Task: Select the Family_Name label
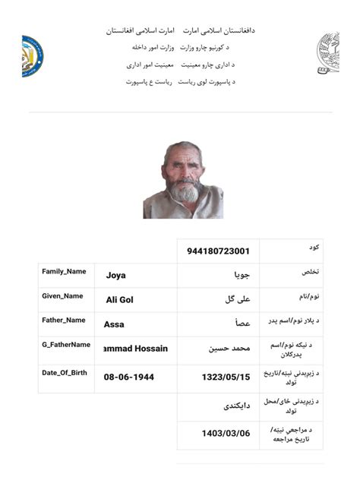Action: click(64, 271)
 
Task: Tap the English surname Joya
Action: click(116, 276)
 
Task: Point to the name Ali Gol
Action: click(120, 300)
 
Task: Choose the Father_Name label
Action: click(64, 320)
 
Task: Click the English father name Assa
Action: click(115, 324)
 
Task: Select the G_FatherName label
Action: click(65, 345)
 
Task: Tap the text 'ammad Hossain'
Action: click(135, 349)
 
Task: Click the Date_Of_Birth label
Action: click(65, 372)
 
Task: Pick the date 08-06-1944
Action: click(129, 377)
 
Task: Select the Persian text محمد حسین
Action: click(229, 349)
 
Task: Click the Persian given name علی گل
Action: click(237, 300)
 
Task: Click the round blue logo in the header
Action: click(32, 55)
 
